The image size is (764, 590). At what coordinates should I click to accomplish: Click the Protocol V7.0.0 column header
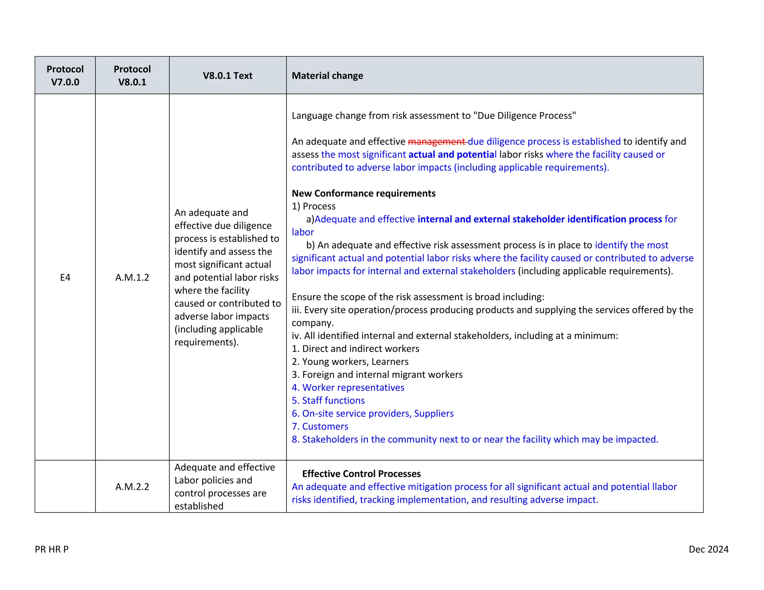pos(65,75)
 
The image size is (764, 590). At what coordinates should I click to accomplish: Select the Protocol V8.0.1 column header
pos(132,75)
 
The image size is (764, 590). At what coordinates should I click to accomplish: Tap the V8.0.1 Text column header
pos(228,76)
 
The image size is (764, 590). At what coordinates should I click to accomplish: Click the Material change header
pos(327,76)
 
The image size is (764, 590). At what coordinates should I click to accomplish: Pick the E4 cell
pos(65,277)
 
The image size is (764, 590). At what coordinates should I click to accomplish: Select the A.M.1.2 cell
pos(132,277)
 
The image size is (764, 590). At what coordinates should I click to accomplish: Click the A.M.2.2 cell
pos(132,487)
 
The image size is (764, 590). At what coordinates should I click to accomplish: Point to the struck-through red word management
pos(437,142)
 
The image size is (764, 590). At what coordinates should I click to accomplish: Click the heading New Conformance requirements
pos(363,193)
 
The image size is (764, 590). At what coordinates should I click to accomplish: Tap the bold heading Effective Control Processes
pos(361,474)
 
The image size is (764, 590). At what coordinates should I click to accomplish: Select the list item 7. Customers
pos(320,426)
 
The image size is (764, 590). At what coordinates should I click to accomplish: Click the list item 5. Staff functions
pos(328,401)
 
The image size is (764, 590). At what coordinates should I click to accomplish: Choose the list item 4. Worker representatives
pos(348,387)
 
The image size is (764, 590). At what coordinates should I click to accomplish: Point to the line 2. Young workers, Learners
pos(350,362)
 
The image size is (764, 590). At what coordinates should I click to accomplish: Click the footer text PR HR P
pos(51,549)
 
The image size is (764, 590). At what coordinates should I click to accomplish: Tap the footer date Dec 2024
pos(708,549)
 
